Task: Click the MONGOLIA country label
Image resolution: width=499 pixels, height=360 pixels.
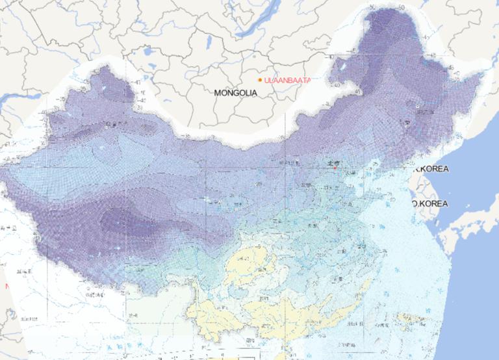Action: [x=235, y=93]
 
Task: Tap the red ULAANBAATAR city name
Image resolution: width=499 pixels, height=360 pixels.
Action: [x=287, y=80]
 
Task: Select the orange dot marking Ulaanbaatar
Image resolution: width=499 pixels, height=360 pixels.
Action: [x=260, y=80]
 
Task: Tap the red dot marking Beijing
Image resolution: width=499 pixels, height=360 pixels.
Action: [x=335, y=168]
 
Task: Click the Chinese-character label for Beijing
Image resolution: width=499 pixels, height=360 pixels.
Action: [x=333, y=163]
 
